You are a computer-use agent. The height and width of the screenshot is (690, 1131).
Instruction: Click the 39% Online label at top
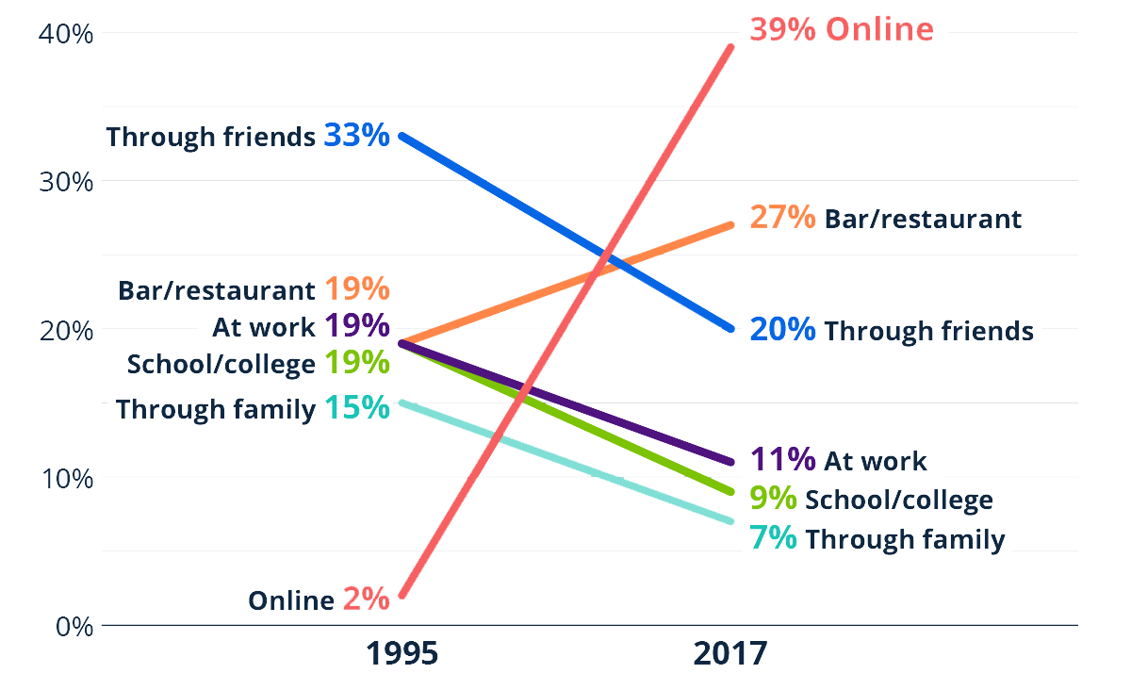[842, 29]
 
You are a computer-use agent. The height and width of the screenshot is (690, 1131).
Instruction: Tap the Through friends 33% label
[248, 136]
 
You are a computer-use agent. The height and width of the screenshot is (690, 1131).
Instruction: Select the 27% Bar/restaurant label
[885, 219]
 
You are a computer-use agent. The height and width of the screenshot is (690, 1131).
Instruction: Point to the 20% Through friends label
[892, 330]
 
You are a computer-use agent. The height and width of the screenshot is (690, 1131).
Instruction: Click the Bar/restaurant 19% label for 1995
[255, 289]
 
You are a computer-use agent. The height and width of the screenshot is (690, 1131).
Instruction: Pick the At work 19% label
[301, 326]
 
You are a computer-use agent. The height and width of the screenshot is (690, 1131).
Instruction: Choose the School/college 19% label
[258, 363]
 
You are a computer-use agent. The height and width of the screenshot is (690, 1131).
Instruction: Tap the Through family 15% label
[252, 409]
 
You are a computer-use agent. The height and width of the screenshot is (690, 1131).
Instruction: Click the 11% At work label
[839, 460]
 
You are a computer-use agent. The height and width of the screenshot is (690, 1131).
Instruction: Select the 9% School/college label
[871, 500]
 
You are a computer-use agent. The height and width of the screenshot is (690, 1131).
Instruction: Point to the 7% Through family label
[877, 539]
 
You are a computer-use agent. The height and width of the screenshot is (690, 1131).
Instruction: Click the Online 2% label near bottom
[319, 600]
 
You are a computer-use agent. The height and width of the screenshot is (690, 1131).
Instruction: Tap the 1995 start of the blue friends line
[402, 136]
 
